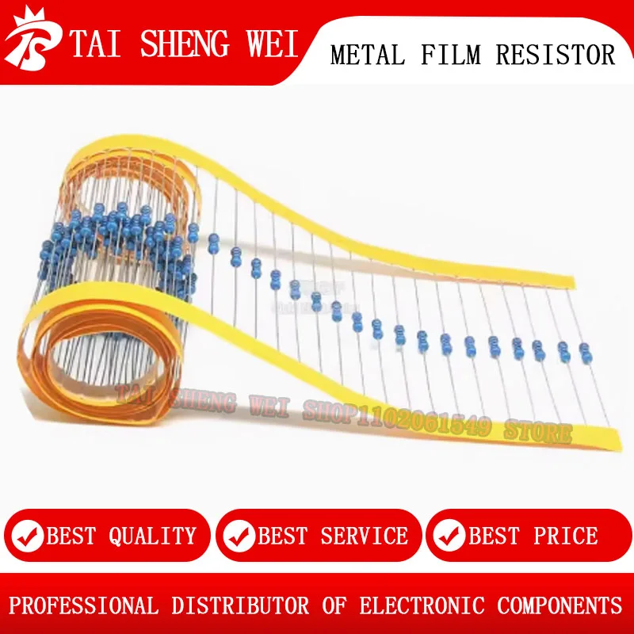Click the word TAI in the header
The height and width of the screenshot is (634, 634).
[x=96, y=44]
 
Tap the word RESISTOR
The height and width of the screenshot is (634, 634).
[x=556, y=55]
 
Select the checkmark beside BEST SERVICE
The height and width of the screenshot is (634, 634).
[x=239, y=537]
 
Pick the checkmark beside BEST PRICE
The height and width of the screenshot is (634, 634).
[x=449, y=537]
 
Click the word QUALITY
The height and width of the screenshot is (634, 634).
[x=152, y=537]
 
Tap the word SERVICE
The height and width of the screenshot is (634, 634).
[x=364, y=537]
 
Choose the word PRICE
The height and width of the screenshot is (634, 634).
[x=566, y=537]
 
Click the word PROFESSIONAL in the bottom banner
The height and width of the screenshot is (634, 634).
[x=84, y=606]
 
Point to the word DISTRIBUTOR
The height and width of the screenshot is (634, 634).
[x=240, y=606]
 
